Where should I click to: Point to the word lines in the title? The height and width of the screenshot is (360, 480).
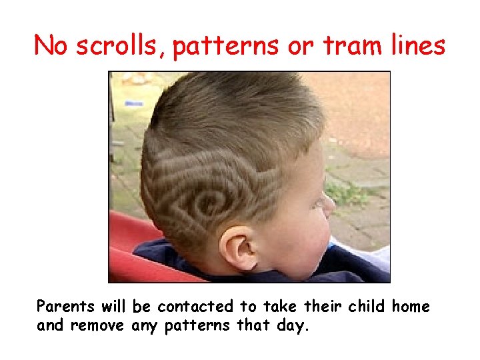tap(417, 45)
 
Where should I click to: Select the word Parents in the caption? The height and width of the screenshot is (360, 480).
tap(66, 307)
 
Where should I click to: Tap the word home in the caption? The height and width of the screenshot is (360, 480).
tap(411, 307)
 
